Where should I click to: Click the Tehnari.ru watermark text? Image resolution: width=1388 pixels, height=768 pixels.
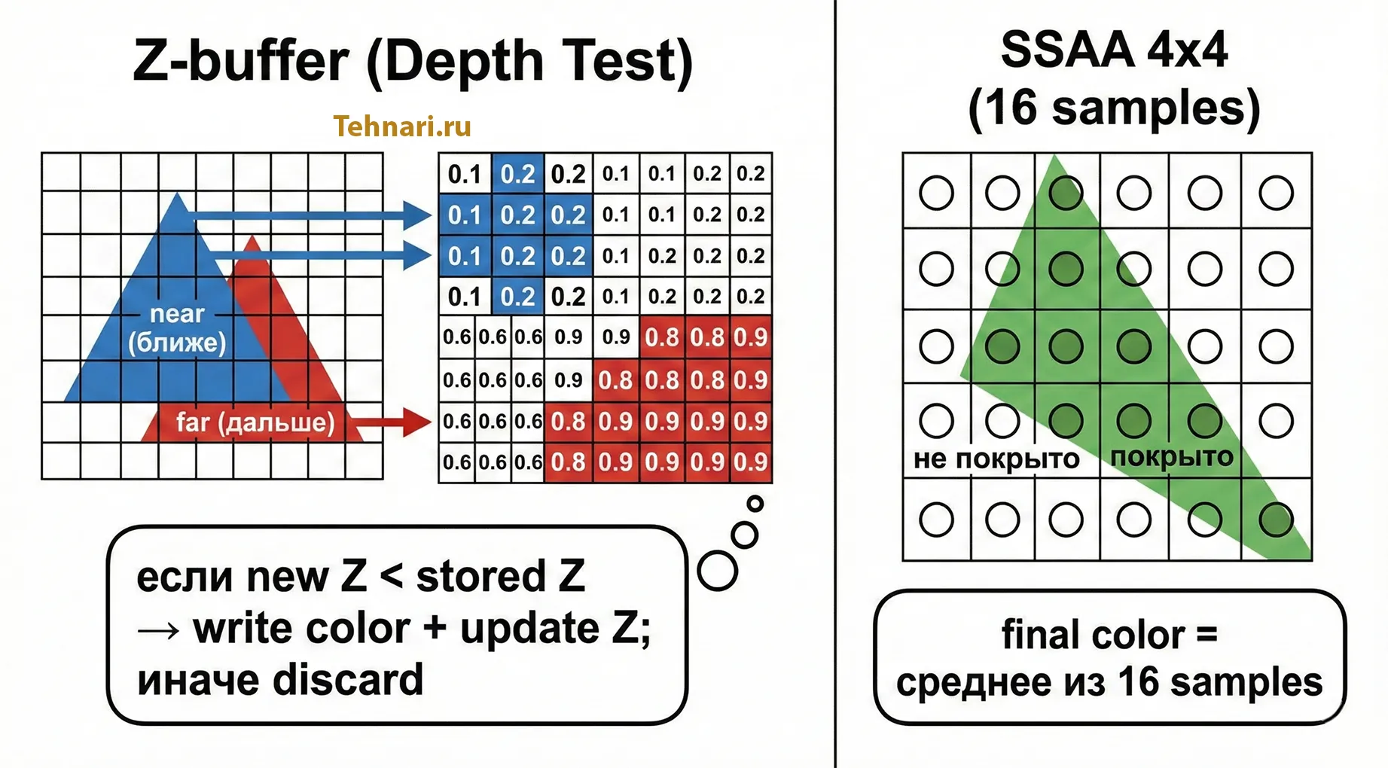click(x=402, y=126)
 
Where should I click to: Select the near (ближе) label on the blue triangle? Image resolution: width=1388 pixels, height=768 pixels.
click(x=177, y=328)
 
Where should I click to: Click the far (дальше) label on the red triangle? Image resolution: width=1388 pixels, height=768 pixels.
click(x=255, y=422)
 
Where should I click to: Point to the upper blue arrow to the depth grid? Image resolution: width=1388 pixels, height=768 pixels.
click(x=309, y=216)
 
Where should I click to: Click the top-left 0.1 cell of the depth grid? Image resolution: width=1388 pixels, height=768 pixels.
click(x=465, y=174)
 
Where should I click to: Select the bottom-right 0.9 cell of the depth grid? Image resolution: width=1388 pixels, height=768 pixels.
click(x=750, y=462)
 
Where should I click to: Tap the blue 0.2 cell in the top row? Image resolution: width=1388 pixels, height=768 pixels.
click(x=517, y=174)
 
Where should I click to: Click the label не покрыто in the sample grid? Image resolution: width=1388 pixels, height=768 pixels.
click(x=996, y=459)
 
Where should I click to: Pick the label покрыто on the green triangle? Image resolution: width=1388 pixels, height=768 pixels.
click(x=1171, y=456)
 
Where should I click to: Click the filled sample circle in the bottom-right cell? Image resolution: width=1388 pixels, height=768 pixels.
click(x=1276, y=520)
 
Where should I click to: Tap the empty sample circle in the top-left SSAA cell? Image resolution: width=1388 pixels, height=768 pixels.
click(x=936, y=193)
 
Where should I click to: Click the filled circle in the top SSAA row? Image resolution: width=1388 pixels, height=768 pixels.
click(x=1066, y=193)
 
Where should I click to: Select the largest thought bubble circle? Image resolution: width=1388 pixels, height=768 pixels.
click(x=717, y=571)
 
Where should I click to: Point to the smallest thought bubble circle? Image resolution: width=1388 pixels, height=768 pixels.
click(x=755, y=504)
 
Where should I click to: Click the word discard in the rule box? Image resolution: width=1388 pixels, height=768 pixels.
click(x=348, y=679)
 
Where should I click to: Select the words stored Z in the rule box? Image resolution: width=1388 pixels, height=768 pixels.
click(x=500, y=577)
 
